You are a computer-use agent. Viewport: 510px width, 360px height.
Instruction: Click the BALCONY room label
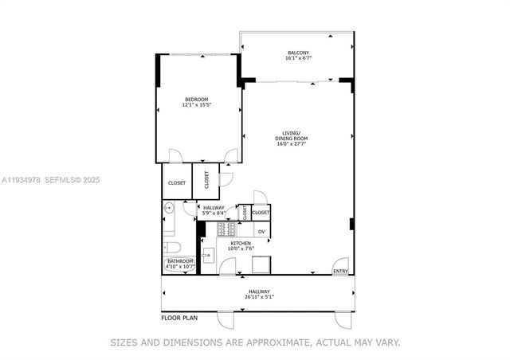296,53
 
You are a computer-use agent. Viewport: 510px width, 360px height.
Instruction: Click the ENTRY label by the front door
340,272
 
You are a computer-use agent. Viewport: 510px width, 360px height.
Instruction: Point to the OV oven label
261,231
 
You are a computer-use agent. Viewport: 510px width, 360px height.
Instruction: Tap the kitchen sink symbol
208,256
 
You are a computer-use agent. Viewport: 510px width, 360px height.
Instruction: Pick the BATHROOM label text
179,261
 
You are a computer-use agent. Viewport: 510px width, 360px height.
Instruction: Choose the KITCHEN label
241,243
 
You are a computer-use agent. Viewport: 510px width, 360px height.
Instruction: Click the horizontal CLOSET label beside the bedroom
177,183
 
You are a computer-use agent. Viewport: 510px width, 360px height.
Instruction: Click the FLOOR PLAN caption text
179,318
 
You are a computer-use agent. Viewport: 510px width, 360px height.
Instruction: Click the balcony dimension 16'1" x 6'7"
296,58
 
